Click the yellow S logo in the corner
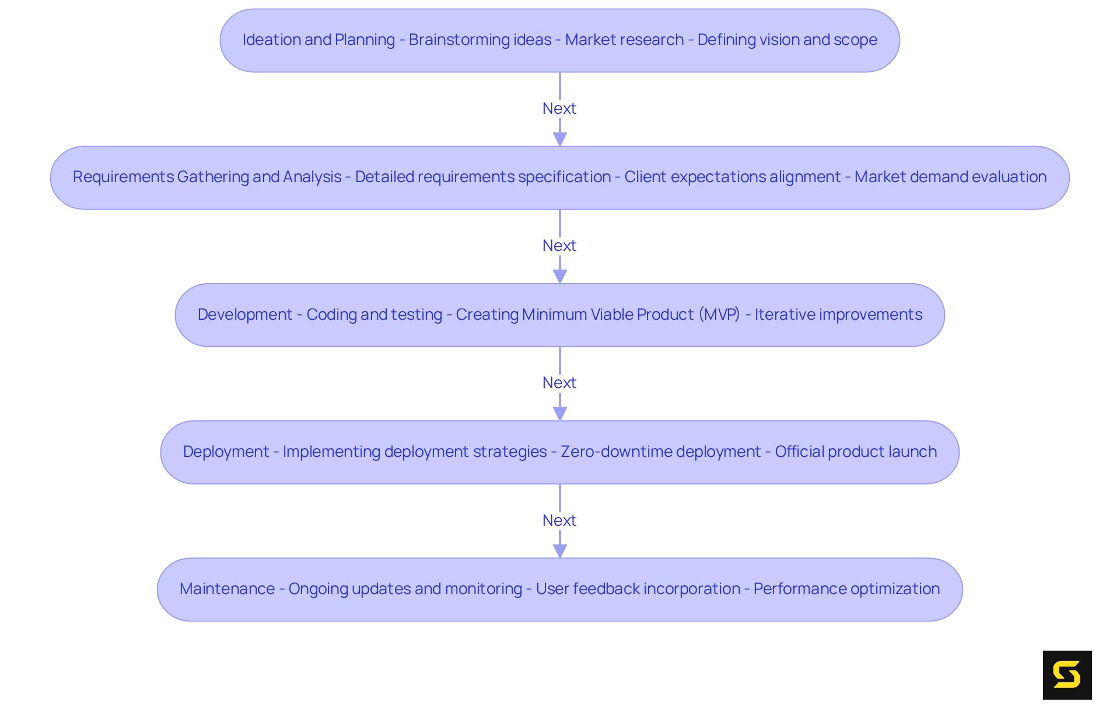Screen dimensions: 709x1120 1067,675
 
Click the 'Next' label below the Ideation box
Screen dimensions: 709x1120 559,109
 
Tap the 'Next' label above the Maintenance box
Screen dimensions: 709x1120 559,520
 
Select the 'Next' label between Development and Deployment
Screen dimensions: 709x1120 559,383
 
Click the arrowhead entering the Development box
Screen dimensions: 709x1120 560,276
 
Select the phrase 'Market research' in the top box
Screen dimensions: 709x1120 624,40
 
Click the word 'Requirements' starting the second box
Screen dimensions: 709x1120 123,177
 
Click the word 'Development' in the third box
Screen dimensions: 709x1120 244,315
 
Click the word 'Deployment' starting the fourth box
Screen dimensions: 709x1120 226,452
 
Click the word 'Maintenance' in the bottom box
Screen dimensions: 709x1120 227,589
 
